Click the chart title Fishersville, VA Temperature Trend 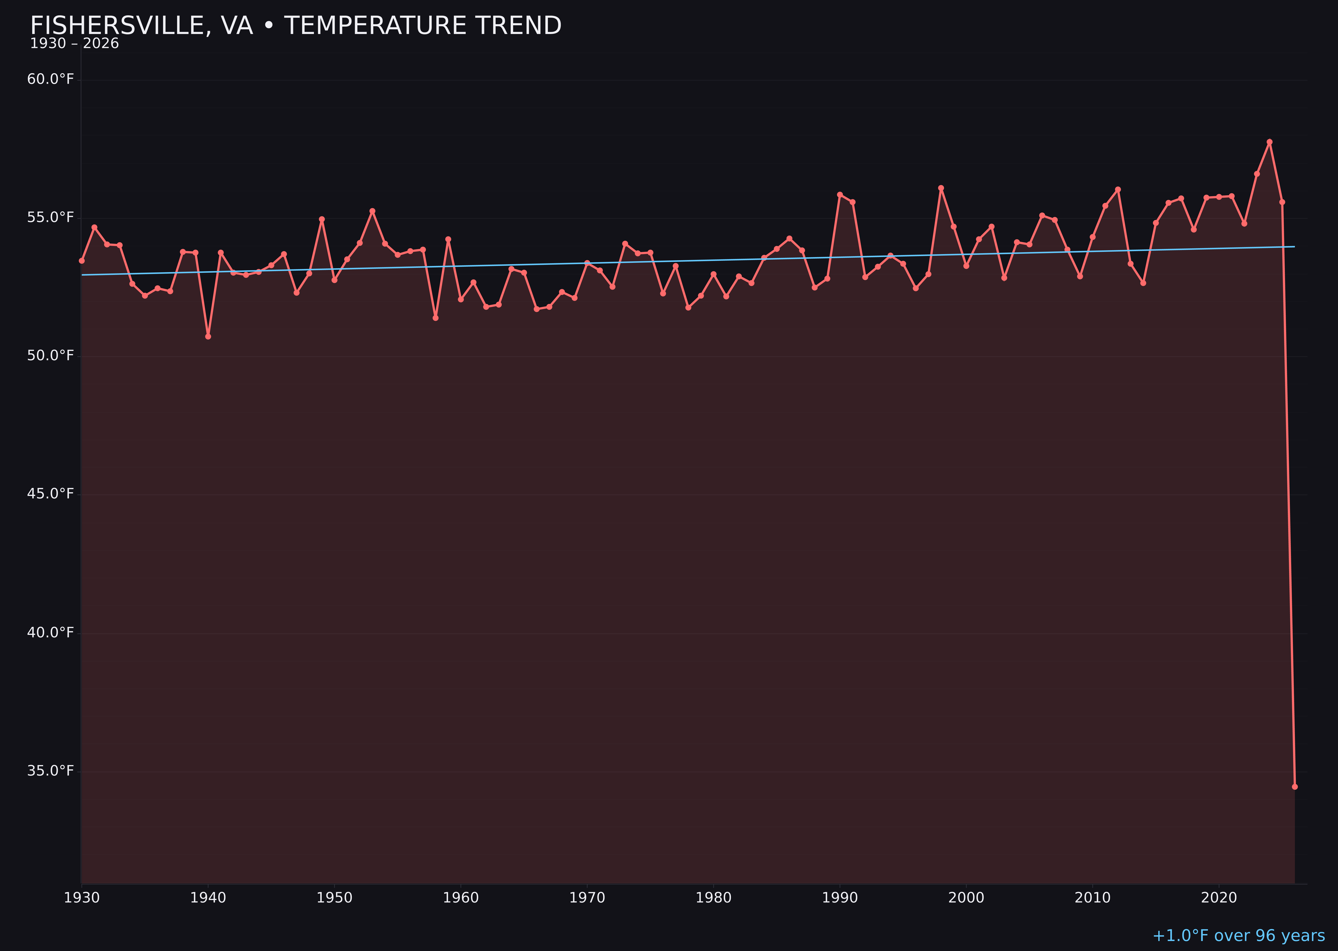pos(295,26)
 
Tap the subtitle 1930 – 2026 pos(74,44)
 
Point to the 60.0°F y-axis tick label pos(51,79)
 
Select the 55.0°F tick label pos(51,218)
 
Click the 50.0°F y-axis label pos(51,356)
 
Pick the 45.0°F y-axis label pos(51,494)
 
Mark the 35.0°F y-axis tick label pos(51,771)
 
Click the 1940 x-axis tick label pos(208,898)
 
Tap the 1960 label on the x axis pos(461,898)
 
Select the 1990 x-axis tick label pos(840,898)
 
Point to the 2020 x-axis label pos(1219,898)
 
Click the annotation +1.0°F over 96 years pos(1238,936)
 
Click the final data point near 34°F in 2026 pos(1295,787)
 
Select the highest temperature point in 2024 pos(1269,142)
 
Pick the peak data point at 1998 pos(941,188)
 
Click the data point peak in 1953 pos(372,211)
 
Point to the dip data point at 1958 pos(435,318)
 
